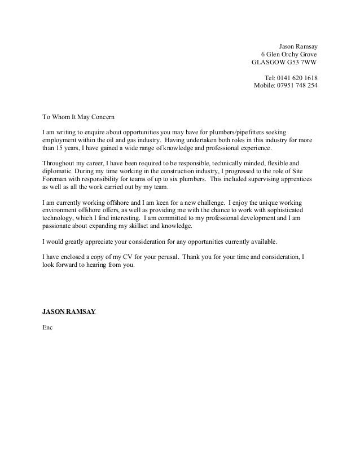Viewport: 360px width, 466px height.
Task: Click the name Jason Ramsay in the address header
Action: coord(298,46)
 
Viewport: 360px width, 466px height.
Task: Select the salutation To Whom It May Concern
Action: coord(78,117)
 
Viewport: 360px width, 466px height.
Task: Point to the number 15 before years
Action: coord(62,148)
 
